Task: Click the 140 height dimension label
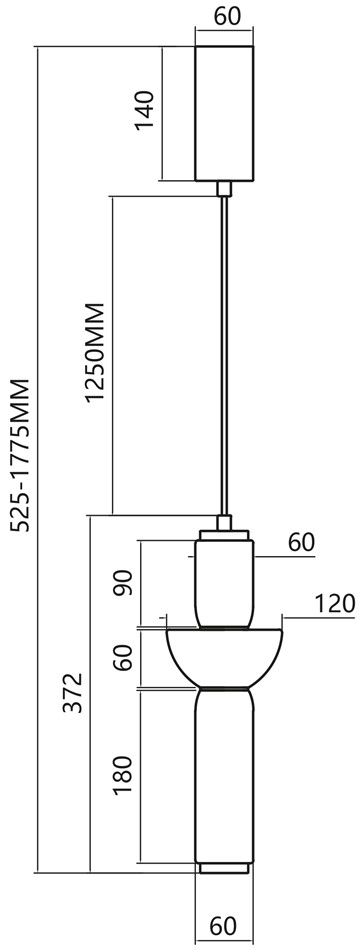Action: pos(145,110)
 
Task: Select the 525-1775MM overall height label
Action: pos(21,455)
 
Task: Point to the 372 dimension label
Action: pos(73,693)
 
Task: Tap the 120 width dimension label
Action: pos(334,604)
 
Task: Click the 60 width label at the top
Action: pos(227,16)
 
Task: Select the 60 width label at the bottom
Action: pos(223,926)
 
